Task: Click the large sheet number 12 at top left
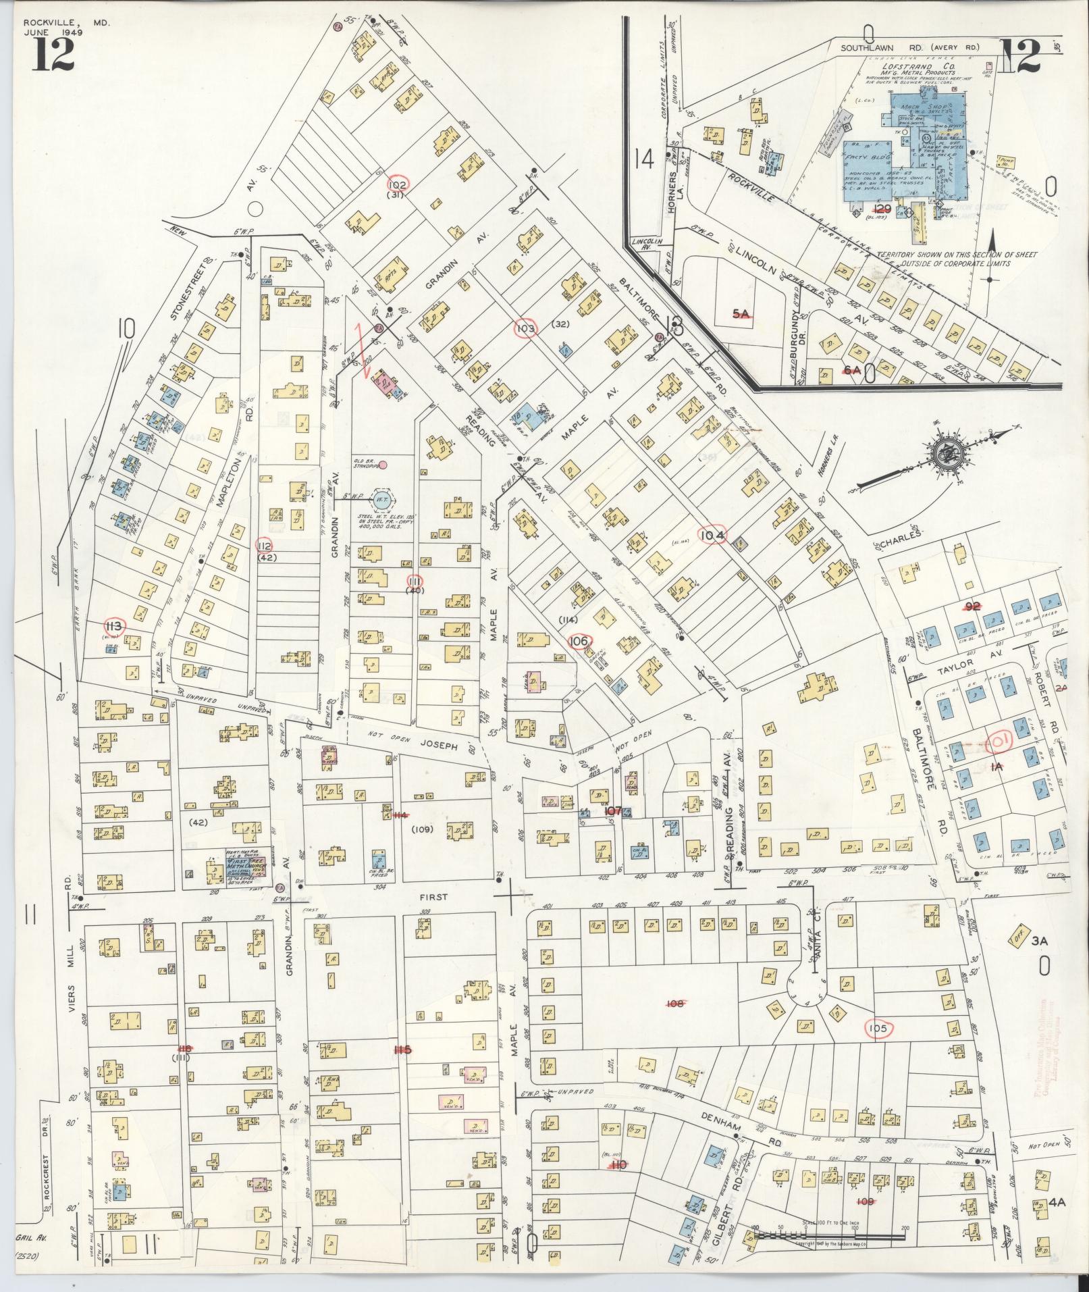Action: click(52, 52)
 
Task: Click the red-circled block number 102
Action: click(398, 184)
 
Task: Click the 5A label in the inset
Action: click(741, 313)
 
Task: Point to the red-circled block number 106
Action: click(579, 640)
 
